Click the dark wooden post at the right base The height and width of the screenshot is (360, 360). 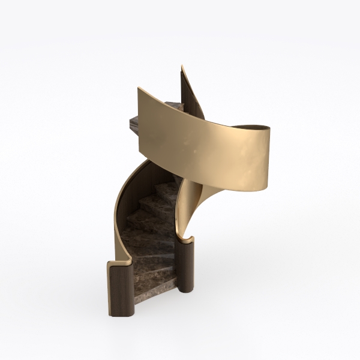point(187,267)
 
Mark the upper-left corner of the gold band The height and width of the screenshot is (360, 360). point(139,89)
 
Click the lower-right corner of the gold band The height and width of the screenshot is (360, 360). point(266,187)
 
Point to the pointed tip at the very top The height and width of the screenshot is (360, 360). point(182,66)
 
